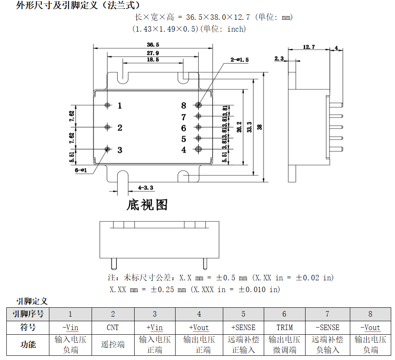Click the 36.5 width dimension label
(153, 45)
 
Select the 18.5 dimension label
(153, 60)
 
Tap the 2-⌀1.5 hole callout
(239, 60)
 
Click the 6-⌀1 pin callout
(81, 170)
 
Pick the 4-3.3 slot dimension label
(146, 188)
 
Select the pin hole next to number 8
(199, 105)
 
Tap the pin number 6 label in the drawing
(184, 128)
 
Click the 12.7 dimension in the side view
(308, 47)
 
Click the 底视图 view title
(147, 205)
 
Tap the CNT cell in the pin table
(113, 328)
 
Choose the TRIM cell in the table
(284, 328)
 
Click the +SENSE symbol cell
(243, 328)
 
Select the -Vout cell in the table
(370, 328)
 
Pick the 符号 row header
(28, 328)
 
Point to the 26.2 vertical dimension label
(239, 127)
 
